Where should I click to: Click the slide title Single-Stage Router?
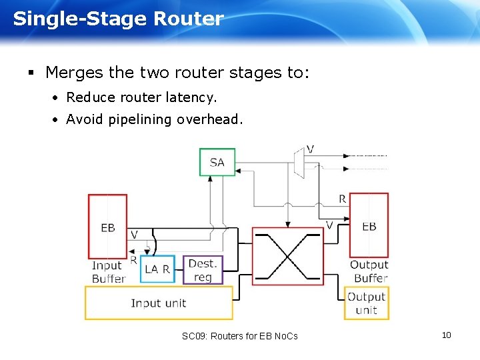118,19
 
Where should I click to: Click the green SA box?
217,162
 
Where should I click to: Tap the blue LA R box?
158,269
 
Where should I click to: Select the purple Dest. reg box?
203,269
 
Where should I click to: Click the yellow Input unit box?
159,303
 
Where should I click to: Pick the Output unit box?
366,303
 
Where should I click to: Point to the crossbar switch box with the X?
287,256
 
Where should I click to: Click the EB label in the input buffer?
108,227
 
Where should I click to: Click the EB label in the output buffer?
369,226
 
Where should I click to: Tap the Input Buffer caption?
108,272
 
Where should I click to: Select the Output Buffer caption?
369,271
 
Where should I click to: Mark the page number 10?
446,335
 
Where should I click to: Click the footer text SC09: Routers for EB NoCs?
239,336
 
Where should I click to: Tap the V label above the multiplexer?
310,148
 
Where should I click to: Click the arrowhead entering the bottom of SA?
211,179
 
